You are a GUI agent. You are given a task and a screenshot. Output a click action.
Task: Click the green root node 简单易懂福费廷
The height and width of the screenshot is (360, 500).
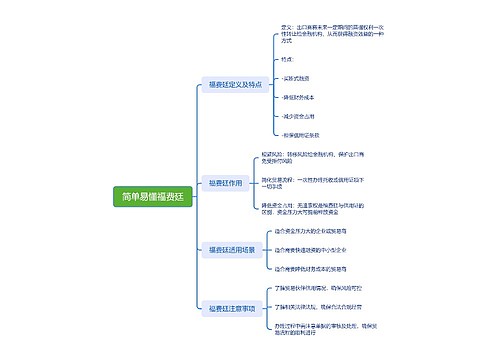[153, 197]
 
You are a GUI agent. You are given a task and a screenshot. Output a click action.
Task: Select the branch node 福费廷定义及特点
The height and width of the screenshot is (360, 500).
[235, 85]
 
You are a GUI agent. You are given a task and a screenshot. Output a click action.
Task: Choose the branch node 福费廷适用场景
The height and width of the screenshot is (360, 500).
[232, 248]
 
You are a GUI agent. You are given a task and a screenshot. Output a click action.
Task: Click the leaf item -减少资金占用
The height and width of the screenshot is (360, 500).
[301, 115]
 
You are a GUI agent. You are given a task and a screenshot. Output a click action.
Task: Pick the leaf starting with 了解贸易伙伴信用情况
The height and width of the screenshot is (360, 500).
[323, 288]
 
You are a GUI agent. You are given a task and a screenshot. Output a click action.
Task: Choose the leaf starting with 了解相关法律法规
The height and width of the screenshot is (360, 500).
[322, 307]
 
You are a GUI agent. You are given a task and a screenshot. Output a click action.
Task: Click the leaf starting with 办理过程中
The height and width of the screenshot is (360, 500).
[325, 329]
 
